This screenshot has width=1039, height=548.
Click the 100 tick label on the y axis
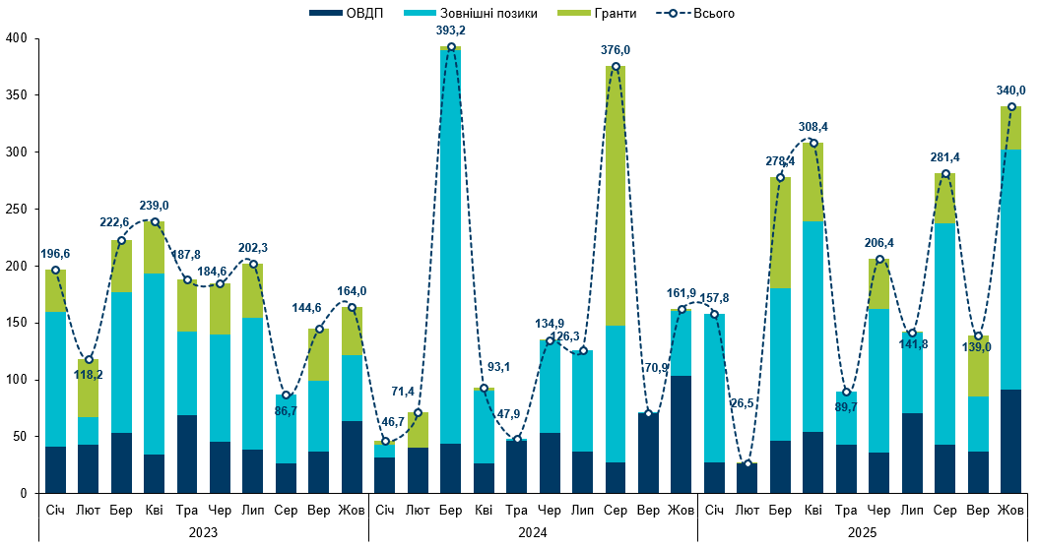coord(18,380)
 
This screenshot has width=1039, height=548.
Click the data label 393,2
coord(451,30)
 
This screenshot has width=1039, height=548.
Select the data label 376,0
coord(616,49)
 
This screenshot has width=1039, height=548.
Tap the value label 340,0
coord(1011,90)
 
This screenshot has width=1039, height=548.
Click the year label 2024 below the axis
coord(533,531)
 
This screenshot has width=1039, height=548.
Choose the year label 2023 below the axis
coord(203,531)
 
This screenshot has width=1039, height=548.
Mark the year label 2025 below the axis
coord(863,531)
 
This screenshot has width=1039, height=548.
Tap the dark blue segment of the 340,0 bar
coord(1011,441)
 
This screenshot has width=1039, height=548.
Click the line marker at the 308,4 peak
coord(813,143)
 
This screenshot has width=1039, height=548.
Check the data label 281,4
coord(945,156)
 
